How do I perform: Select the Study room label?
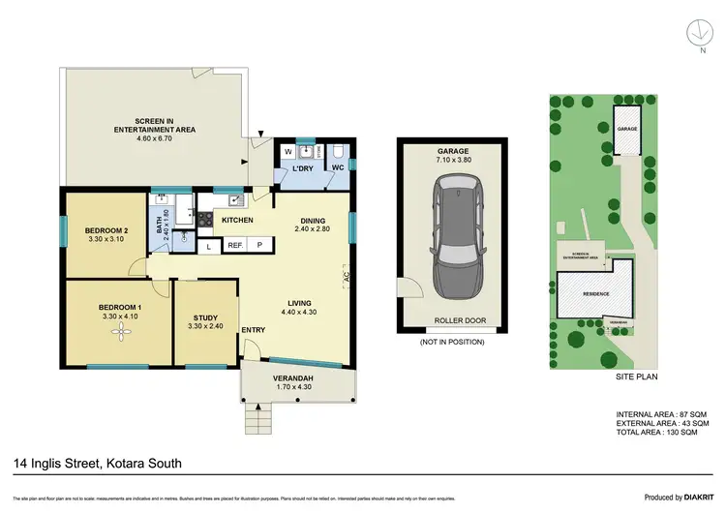coord(204,317)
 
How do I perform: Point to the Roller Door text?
coord(453,321)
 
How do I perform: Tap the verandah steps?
coord(257,418)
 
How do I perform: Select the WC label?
coord(338,168)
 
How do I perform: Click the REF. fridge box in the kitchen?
coord(235,246)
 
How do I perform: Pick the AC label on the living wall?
coord(346,278)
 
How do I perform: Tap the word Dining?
coord(313,219)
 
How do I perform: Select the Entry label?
coord(254,331)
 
